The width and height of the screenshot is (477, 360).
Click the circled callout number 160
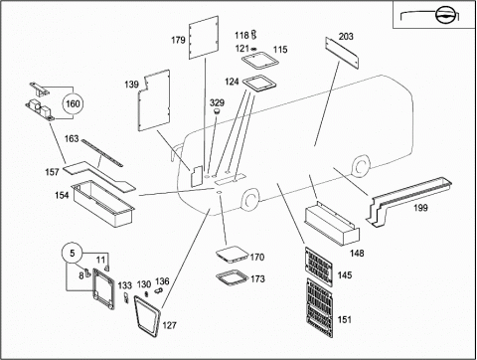click(73, 103)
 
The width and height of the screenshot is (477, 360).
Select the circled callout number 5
click(73, 254)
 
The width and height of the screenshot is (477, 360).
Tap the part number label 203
click(346, 36)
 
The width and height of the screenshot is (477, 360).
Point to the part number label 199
click(420, 208)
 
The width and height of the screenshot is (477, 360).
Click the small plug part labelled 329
click(218, 111)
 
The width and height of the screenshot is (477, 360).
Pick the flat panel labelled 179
click(204, 38)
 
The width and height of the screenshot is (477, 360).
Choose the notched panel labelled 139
click(154, 100)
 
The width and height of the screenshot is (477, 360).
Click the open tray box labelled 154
click(103, 204)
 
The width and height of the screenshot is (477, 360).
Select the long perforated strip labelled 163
click(102, 153)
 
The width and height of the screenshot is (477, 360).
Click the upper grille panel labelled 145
click(318, 267)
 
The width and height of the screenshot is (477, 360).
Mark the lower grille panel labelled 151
click(319, 307)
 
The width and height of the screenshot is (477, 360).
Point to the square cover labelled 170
click(232, 255)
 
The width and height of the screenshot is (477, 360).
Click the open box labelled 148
click(332, 226)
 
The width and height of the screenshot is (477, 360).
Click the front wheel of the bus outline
click(249, 199)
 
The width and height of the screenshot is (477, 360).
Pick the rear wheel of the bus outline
click(360, 167)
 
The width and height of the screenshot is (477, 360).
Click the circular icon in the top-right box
click(444, 15)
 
